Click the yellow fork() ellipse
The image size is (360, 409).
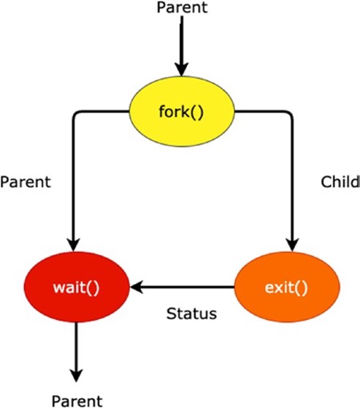click(x=182, y=111)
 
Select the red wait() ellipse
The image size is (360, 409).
click(x=77, y=287)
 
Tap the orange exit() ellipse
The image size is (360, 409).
click(x=287, y=287)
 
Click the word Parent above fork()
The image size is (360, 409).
click(x=182, y=7)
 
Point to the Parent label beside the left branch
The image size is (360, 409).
click(x=26, y=182)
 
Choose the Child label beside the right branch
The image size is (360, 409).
click(x=340, y=182)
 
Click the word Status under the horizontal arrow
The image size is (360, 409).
click(x=191, y=313)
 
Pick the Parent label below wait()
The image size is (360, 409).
click(x=77, y=401)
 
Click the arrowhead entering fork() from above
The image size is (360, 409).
click(x=182, y=69)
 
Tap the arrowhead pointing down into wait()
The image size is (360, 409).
click(x=73, y=245)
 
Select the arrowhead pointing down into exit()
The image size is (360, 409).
click(x=292, y=245)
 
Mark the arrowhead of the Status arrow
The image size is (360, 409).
click(x=137, y=287)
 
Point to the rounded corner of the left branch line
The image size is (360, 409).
click(x=75, y=114)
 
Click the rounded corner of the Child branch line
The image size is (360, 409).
click(x=290, y=114)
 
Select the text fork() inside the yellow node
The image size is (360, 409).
click(x=181, y=112)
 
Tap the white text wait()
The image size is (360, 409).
click(x=76, y=288)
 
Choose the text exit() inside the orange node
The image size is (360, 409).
click(x=286, y=288)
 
